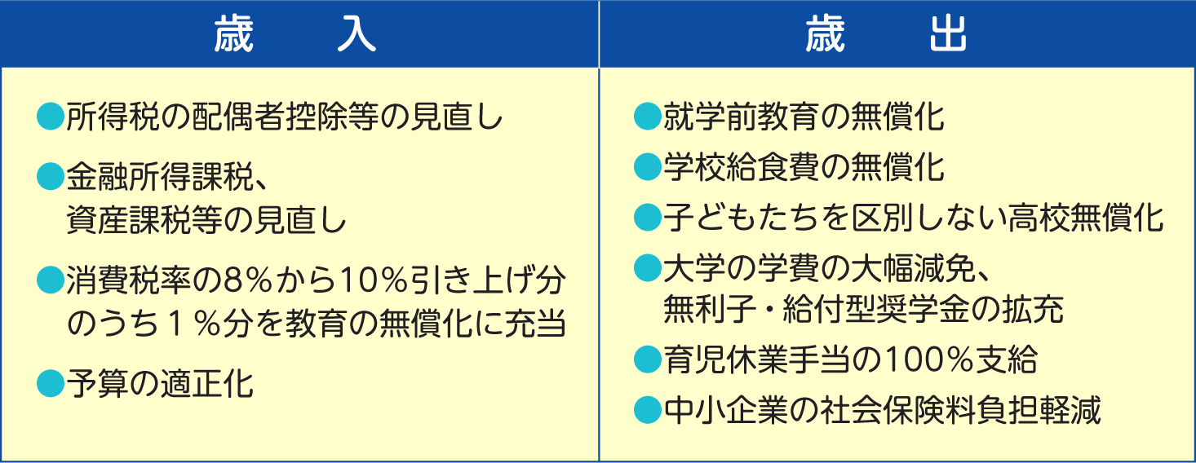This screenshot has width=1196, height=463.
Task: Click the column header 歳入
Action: click(295, 33)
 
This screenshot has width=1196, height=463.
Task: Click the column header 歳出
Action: click(886, 33)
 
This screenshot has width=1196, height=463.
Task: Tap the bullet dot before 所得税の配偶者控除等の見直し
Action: click(51, 117)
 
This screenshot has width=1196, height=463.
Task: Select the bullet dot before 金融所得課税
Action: click(51, 177)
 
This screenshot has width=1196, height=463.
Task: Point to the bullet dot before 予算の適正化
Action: click(51, 383)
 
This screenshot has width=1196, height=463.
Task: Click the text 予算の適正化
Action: click(160, 383)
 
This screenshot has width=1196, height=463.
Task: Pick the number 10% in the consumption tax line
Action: click(374, 280)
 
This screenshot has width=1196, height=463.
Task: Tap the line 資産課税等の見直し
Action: click(206, 220)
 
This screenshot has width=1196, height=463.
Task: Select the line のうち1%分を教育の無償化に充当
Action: click(316, 324)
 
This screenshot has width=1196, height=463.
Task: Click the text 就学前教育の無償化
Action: click(804, 117)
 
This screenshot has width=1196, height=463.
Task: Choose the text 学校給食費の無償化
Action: click(804, 167)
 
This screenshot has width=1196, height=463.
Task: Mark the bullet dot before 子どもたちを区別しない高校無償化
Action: click(648, 218)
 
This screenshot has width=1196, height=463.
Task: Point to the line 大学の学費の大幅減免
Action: click(826, 268)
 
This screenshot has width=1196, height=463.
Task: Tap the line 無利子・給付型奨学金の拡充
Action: click(863, 309)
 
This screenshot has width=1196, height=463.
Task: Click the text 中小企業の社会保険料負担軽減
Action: click(882, 410)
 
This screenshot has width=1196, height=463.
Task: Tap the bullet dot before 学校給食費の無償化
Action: click(648, 167)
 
